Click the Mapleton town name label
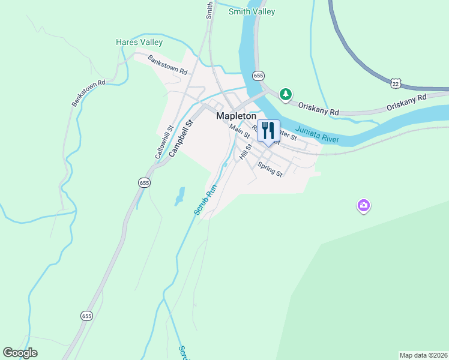click(236, 116)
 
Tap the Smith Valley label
click(252, 11)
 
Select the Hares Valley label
click(139, 43)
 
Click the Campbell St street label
click(182, 138)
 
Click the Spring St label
click(270, 169)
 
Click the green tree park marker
click(286, 94)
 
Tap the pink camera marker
click(363, 206)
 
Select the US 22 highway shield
click(394, 83)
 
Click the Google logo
click(20, 353)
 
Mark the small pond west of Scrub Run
click(179, 196)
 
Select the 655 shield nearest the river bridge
click(258, 76)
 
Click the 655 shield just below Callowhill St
click(143, 182)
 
